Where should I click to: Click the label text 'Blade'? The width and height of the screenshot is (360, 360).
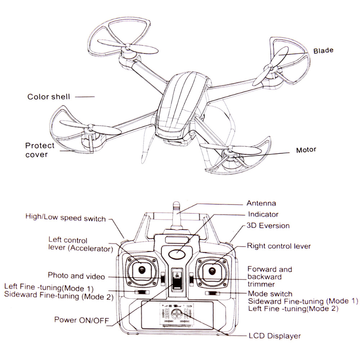[x=323, y=50]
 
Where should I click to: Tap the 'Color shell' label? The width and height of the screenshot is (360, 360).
[x=49, y=96]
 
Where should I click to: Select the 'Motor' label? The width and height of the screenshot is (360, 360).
[x=306, y=150]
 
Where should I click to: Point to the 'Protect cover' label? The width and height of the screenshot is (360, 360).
[x=40, y=150]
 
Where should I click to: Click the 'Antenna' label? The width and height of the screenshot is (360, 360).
[x=261, y=203]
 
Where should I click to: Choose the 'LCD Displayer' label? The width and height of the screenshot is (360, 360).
[x=274, y=336]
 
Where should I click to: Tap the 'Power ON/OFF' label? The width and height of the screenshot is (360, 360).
[x=81, y=319]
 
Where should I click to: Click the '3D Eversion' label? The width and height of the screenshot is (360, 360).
[x=268, y=226]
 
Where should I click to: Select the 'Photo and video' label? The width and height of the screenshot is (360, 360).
[x=76, y=276]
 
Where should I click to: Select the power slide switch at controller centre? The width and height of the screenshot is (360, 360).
[x=176, y=279]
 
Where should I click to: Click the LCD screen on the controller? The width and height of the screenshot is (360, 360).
[x=176, y=313]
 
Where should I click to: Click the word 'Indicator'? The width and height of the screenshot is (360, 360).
[x=263, y=215]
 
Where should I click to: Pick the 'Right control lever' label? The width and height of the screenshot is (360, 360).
[x=278, y=246]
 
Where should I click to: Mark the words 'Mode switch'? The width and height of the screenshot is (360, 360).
[x=270, y=294]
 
